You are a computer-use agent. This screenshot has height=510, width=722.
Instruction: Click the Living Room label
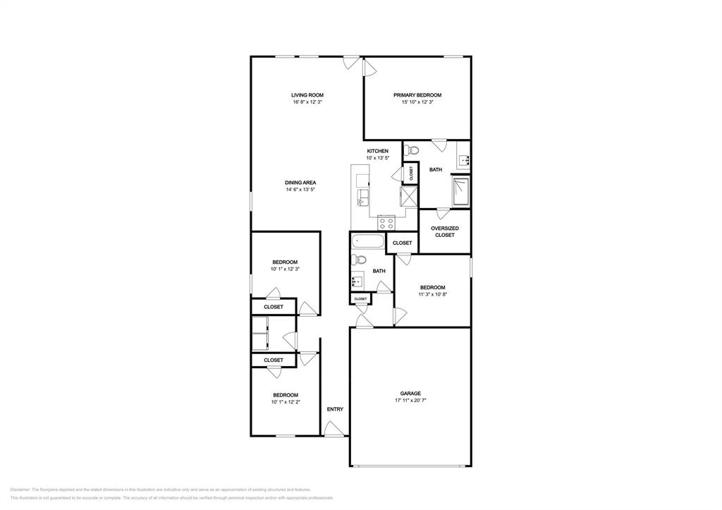307,95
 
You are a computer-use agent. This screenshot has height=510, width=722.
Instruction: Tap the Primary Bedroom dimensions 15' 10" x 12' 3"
417,102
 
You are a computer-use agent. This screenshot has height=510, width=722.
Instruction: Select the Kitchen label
377,152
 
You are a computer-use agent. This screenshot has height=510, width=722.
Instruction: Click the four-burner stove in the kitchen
386,222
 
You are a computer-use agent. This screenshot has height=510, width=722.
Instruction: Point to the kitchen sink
362,196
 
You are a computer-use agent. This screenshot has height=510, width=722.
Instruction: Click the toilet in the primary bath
412,150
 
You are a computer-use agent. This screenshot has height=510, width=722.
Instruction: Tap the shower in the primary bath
460,191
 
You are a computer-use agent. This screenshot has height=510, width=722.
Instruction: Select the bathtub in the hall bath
367,243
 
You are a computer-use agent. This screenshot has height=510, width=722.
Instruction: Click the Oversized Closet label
445,231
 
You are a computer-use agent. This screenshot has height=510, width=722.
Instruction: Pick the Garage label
410,394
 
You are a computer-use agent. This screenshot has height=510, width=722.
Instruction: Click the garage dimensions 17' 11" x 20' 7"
410,401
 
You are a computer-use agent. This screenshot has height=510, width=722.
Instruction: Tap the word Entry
335,410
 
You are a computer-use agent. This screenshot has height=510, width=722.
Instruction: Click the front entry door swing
334,428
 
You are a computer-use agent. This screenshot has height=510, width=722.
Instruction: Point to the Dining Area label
300,183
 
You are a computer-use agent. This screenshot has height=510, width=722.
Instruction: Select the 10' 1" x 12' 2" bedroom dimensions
286,402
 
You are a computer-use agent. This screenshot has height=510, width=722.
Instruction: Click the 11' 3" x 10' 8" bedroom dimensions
432,294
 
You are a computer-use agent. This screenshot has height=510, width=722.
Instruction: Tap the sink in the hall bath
357,281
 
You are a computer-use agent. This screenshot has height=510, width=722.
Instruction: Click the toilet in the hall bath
357,260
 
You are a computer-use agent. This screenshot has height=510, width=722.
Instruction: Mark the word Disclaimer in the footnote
20,489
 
